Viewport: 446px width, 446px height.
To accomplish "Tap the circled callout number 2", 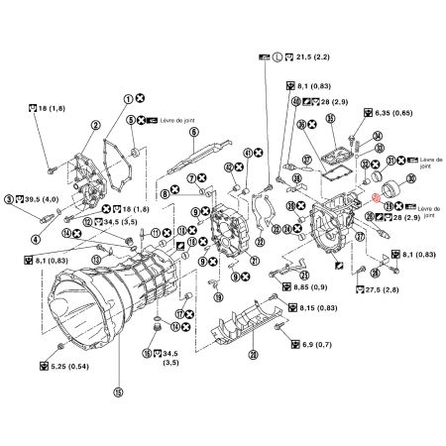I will (x=95, y=126).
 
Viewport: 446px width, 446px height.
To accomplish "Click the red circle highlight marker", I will (x=378, y=194).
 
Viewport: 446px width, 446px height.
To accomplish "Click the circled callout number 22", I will (x=261, y=242).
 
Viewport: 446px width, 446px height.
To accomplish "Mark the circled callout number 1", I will (x=128, y=98).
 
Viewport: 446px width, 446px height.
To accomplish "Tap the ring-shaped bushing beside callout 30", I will (x=390, y=184).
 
